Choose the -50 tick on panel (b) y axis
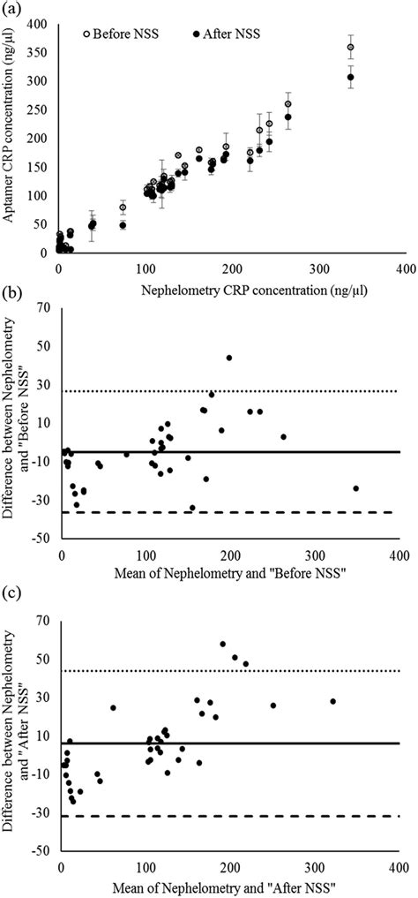pyautogui.click(x=40, y=538)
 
